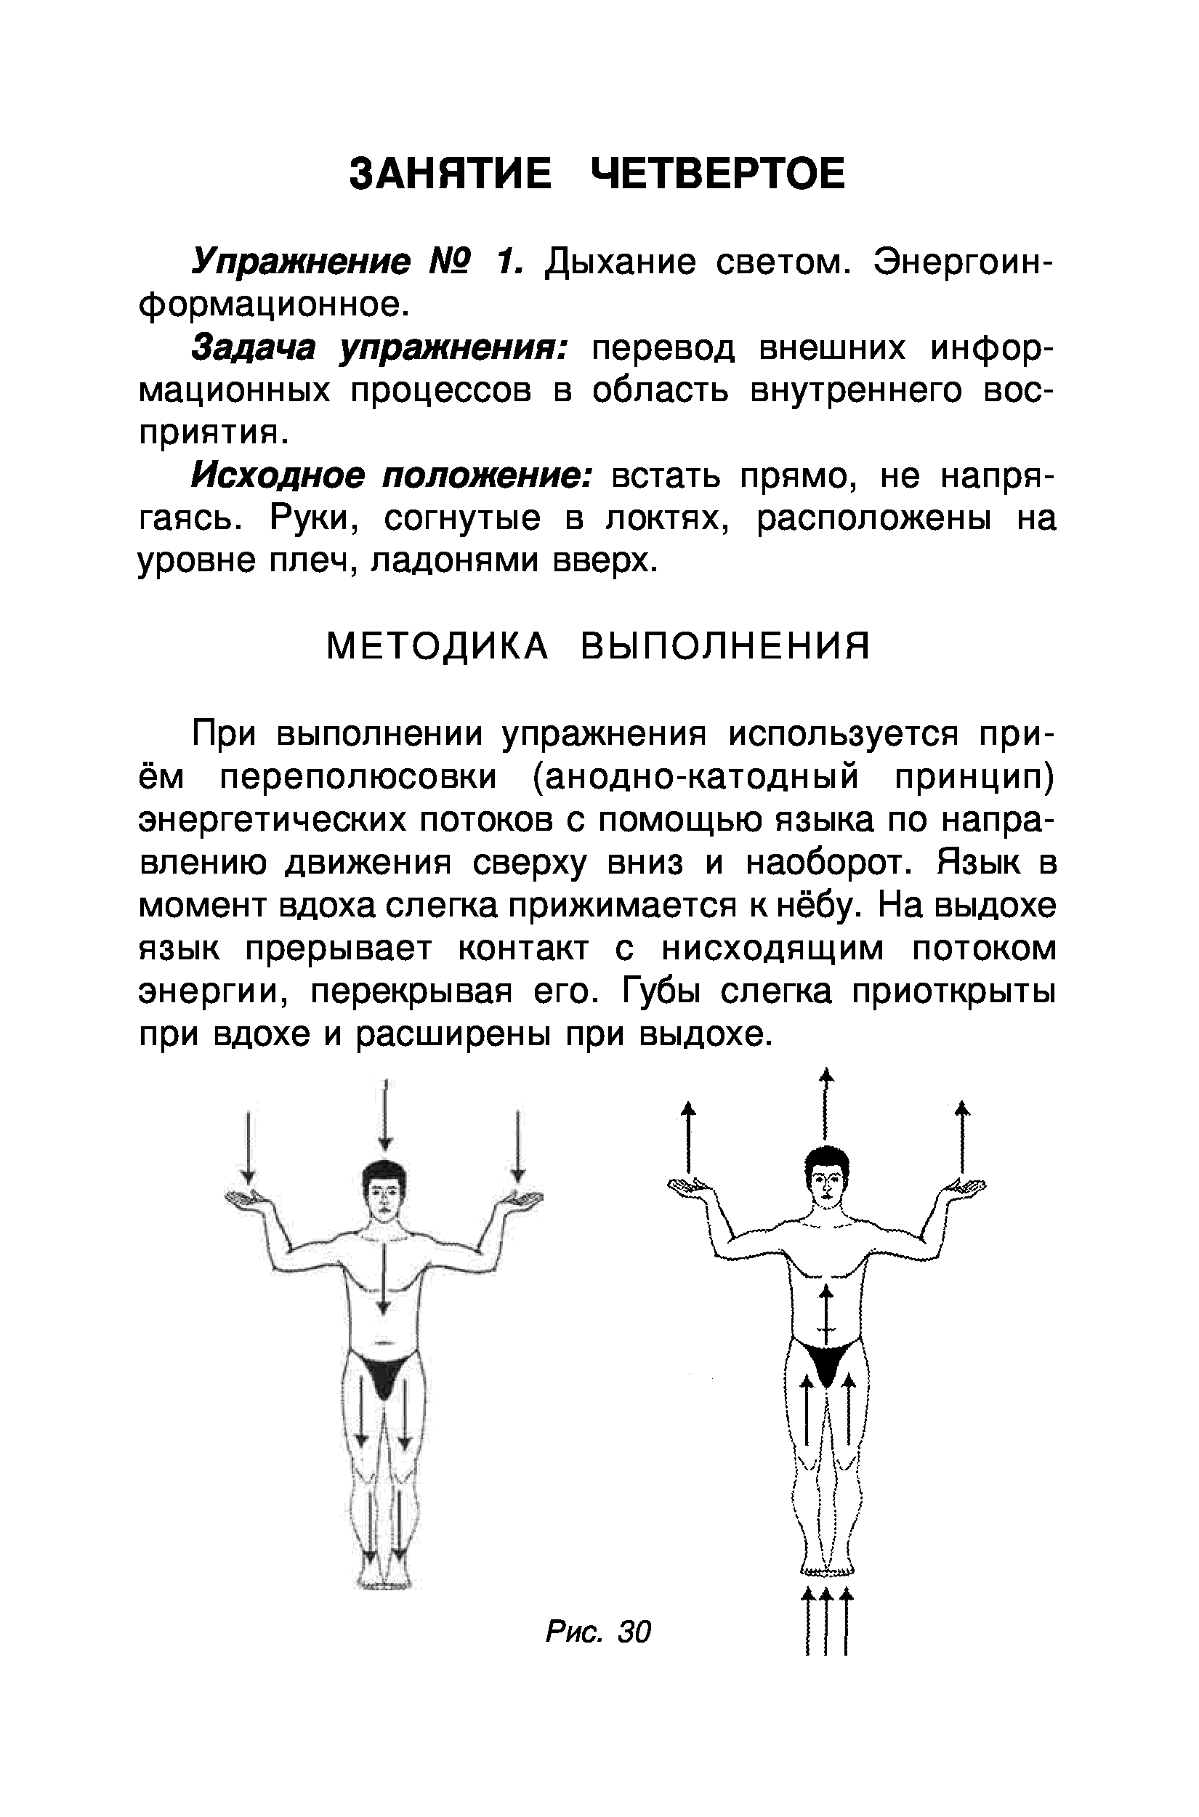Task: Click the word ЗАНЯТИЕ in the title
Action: (450, 174)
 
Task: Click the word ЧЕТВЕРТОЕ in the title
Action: (719, 174)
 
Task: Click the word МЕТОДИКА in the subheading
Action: (437, 646)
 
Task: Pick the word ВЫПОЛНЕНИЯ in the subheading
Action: (726, 646)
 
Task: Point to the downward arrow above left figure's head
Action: (386, 1116)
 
